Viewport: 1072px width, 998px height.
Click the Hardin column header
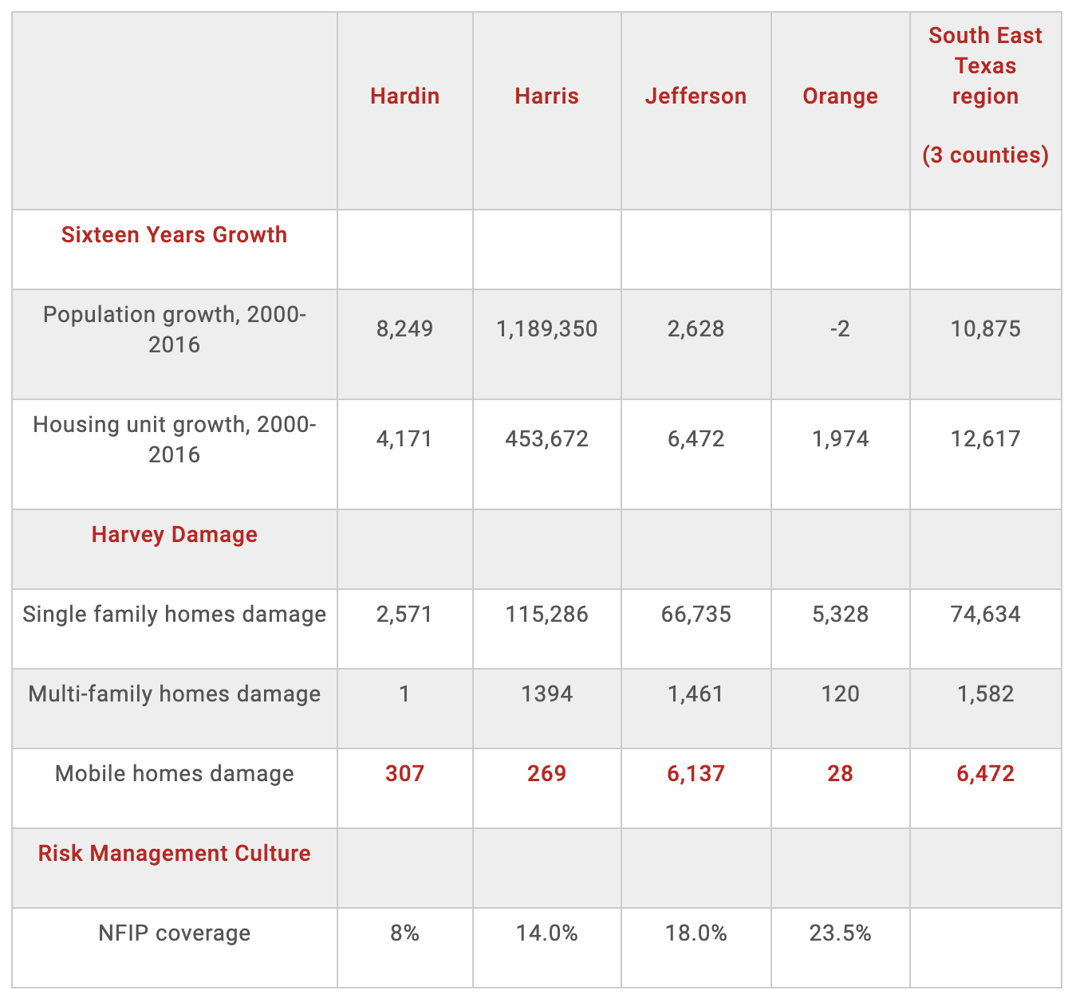pyautogui.click(x=404, y=96)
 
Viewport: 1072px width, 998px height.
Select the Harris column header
pyautogui.click(x=546, y=96)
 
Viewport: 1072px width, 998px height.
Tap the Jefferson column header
pyautogui.click(x=696, y=96)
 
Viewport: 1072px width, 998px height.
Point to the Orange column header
pyautogui.click(x=840, y=96)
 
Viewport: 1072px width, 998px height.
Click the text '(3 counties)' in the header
pyautogui.click(x=985, y=155)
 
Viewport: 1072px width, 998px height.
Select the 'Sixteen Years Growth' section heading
pyautogui.click(x=174, y=235)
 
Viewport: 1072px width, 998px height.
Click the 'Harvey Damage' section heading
pyautogui.click(x=174, y=535)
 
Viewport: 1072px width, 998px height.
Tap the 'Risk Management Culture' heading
pyautogui.click(x=174, y=854)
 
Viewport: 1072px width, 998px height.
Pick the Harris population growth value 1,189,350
pyautogui.click(x=546, y=329)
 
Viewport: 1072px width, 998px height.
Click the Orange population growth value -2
pyautogui.click(x=840, y=329)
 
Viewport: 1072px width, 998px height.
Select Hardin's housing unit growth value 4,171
pyautogui.click(x=404, y=439)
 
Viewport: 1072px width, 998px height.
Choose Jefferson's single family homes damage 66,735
pyautogui.click(x=696, y=615)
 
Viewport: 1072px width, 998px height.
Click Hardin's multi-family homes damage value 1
pyautogui.click(x=404, y=694)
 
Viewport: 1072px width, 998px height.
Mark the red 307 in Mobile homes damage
pyautogui.click(x=404, y=774)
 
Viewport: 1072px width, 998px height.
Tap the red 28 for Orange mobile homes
pyautogui.click(x=840, y=774)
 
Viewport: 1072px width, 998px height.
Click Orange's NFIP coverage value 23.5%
pyautogui.click(x=840, y=933)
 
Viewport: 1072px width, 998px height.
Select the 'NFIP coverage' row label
pyautogui.click(x=174, y=933)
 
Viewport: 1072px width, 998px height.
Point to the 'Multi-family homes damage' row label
pyautogui.click(x=174, y=694)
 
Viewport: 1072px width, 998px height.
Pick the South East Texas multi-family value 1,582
pyautogui.click(x=985, y=694)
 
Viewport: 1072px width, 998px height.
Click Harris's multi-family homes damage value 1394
pyautogui.click(x=546, y=694)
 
